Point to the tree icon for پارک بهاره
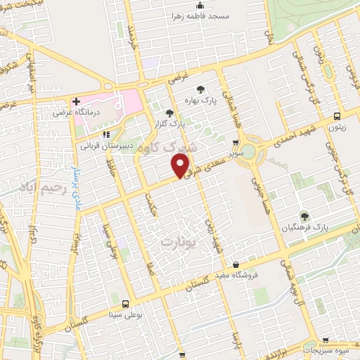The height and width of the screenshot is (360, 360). point(201,89)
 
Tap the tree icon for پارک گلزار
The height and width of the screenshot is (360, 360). point(168,112)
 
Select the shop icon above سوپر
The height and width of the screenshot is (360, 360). point(235,142)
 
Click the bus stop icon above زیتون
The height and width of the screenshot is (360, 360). point(338,116)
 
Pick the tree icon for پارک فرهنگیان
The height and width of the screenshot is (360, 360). point(304,217)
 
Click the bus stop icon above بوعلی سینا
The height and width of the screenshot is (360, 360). point(125,304)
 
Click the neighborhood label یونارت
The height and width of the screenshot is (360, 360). point(176,241)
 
